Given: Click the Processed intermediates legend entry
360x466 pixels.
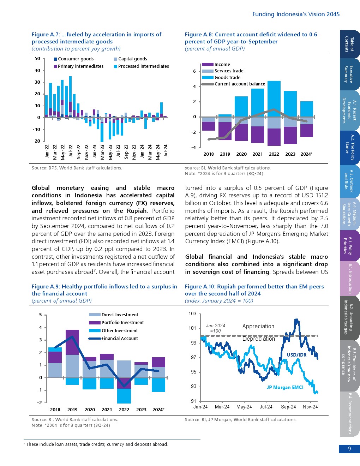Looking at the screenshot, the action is point(142,66).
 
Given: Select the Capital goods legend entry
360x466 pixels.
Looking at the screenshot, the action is point(130,59).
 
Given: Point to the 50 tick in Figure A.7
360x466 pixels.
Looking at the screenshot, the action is point(37,58).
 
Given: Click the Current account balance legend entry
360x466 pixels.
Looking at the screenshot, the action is point(233,84).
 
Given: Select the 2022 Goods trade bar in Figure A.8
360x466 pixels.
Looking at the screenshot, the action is point(274,99).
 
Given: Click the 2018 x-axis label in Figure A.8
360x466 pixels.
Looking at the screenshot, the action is point(208,154).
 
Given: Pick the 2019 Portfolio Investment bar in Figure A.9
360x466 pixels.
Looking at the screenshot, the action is point(72,342).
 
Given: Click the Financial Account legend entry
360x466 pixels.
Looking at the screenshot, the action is point(113,339).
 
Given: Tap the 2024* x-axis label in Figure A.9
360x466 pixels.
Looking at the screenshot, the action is point(158,410).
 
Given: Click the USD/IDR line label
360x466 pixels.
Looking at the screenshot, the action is point(296,355).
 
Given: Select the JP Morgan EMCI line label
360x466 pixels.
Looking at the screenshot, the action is point(285,387).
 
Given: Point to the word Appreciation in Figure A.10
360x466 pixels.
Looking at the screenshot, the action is point(258,326).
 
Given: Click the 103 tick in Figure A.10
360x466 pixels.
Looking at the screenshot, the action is point(192,313).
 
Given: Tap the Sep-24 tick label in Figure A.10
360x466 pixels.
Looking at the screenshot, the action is point(288,407).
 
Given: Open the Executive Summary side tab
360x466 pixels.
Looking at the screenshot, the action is point(349,74).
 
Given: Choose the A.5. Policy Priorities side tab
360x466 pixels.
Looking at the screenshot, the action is point(349,246).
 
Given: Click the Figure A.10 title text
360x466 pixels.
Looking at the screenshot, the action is point(254,290).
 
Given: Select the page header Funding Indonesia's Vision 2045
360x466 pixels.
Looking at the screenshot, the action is point(296,14).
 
